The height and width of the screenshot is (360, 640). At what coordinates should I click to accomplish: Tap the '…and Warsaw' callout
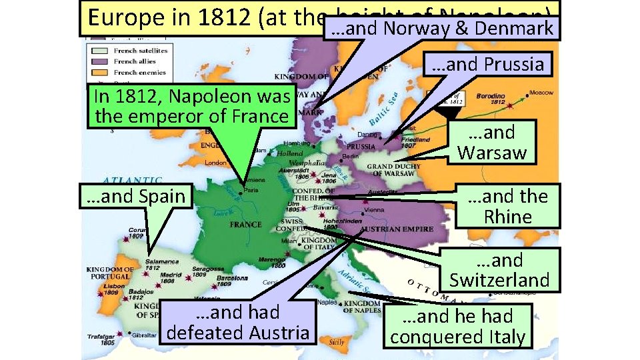[491, 142]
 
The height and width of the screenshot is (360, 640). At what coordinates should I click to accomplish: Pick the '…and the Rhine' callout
[507, 206]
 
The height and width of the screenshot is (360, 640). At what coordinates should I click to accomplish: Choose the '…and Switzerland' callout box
[499, 270]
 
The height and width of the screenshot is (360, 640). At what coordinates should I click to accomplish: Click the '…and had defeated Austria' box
[237, 322]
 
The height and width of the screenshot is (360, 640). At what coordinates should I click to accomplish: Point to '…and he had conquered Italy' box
[458, 326]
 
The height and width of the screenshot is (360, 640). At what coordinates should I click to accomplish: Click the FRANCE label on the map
[245, 225]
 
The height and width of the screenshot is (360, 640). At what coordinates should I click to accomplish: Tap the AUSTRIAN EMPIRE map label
[389, 229]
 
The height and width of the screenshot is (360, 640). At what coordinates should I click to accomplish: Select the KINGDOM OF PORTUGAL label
[110, 273]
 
